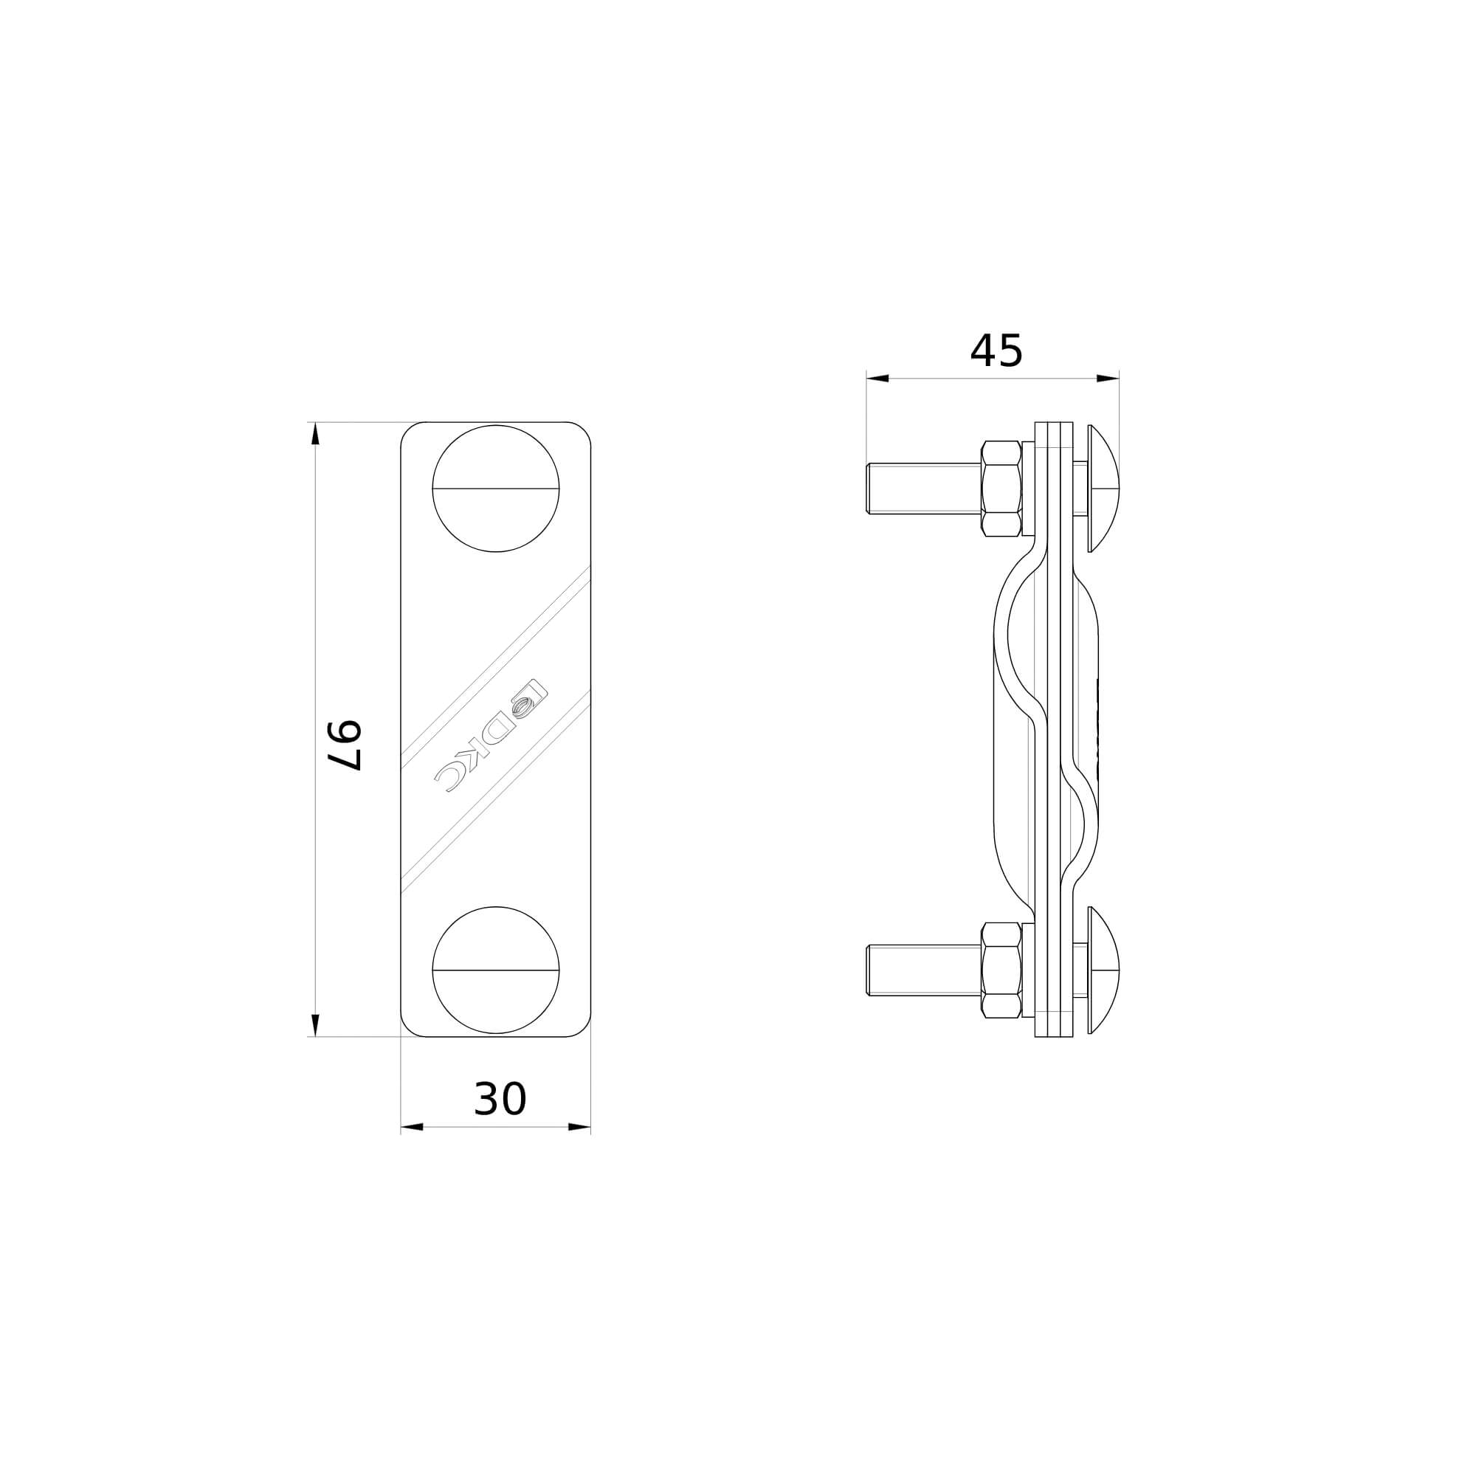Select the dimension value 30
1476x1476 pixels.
tap(500, 1100)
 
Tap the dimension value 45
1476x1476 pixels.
tap(996, 351)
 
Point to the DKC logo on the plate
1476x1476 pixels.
tap(490, 736)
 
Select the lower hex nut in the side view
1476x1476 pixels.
tap(1001, 970)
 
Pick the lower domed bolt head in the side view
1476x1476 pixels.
tap(1103, 970)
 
